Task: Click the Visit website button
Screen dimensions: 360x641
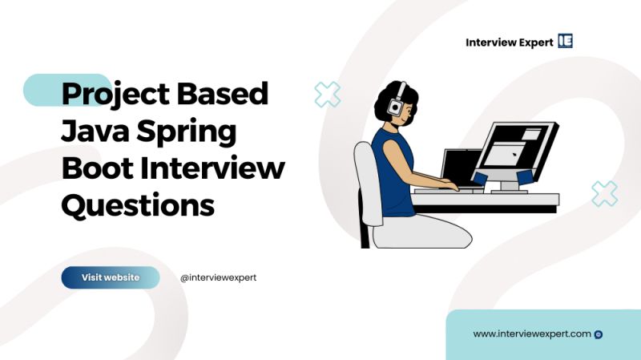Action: [x=111, y=277]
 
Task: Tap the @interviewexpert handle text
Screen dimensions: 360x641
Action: [x=218, y=277]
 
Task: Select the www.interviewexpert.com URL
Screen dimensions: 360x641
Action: [x=532, y=334]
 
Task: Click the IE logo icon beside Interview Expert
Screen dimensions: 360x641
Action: [x=566, y=42]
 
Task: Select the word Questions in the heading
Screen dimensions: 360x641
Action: [x=138, y=206]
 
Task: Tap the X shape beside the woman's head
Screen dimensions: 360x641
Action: [x=327, y=95]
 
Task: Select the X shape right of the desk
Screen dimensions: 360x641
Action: [x=604, y=193]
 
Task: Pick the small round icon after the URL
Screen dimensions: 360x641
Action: [x=599, y=334]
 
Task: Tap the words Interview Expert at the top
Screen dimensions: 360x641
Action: [x=508, y=42]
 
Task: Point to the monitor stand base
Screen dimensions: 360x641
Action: [x=510, y=189]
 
